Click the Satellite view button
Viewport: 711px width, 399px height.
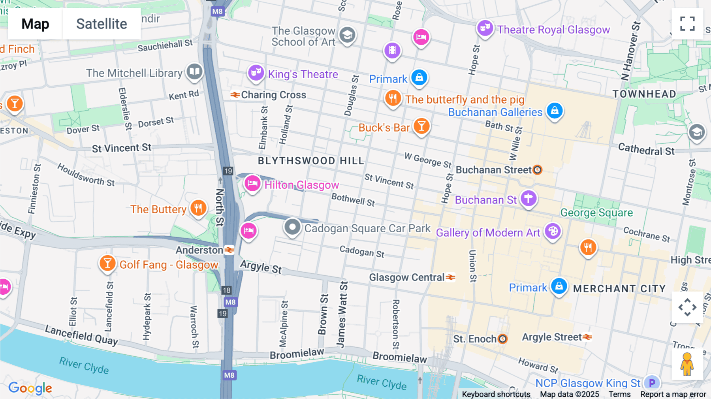tap(102, 24)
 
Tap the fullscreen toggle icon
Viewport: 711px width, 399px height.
tap(687, 24)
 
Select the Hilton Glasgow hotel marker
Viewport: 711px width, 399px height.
tap(252, 184)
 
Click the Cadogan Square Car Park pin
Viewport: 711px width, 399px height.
tap(292, 227)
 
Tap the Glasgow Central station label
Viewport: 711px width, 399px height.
tap(407, 277)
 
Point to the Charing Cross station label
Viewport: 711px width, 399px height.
tap(273, 95)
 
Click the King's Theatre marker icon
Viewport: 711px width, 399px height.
tap(256, 73)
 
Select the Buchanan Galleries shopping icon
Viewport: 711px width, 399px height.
tap(555, 111)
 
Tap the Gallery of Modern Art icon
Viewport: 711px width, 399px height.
tap(553, 231)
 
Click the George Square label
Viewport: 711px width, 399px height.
tap(596, 213)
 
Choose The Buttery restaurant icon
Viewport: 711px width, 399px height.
tap(198, 208)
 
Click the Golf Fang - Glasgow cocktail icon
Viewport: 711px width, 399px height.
tap(107, 263)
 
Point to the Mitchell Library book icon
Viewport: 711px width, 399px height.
tap(194, 72)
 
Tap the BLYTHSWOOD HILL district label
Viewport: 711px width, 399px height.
tap(311, 161)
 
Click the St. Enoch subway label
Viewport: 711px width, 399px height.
tap(474, 339)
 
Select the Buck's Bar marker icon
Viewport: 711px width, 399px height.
tap(421, 126)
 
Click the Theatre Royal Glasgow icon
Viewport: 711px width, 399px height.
tap(485, 28)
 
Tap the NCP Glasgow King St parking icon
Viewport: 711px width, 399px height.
tap(652, 382)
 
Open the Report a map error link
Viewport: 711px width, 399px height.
tap(673, 394)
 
